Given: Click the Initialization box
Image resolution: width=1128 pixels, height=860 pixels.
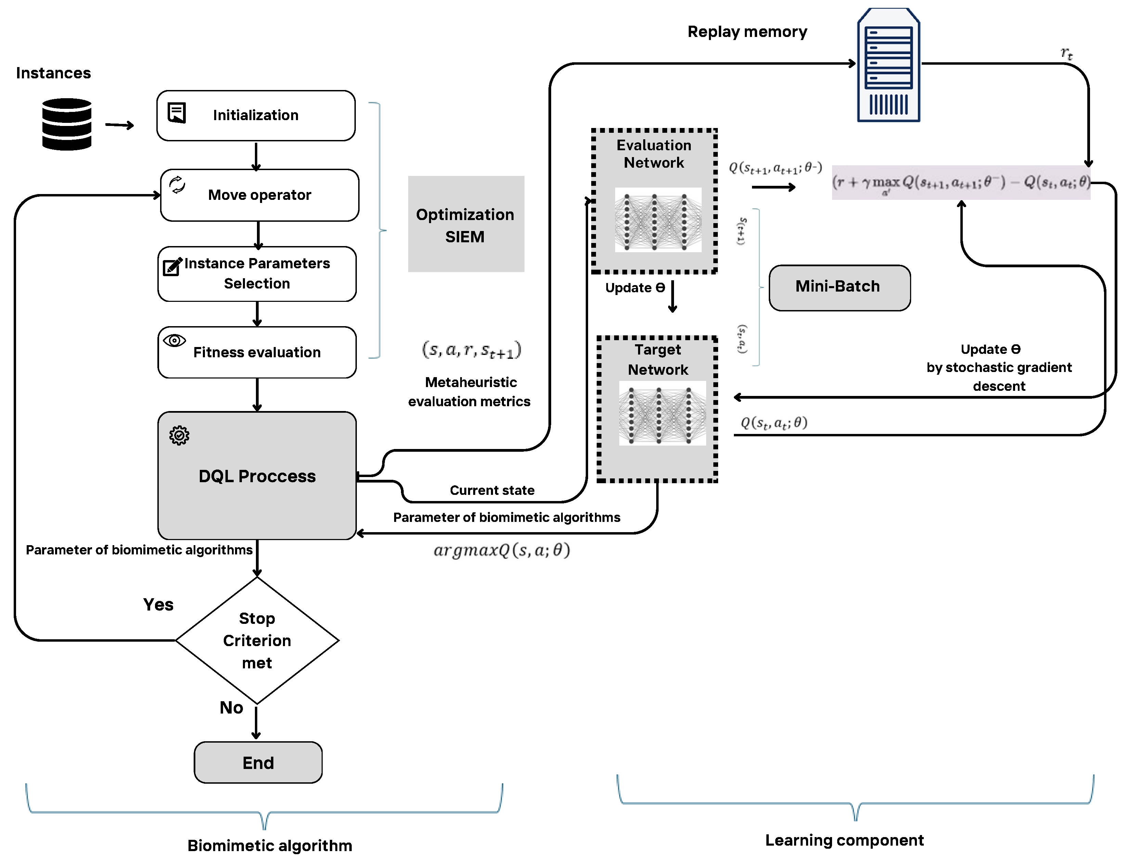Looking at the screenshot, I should (256, 116).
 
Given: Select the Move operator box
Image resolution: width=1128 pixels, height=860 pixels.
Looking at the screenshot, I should (259, 195).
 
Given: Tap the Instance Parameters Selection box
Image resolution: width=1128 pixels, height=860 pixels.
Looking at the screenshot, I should (257, 274).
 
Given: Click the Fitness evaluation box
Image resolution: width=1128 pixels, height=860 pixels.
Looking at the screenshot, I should (257, 352).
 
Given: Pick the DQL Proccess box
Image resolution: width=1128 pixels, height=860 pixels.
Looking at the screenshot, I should (257, 476).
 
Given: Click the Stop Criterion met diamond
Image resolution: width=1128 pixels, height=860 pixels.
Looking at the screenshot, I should (257, 640).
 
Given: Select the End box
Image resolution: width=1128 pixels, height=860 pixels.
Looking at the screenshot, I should (258, 763).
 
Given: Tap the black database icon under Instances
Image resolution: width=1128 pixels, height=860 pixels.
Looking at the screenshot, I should (66, 124).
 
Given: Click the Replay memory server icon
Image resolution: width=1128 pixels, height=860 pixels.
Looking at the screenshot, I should (889, 65).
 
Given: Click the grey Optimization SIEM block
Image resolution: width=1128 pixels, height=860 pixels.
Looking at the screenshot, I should (466, 224).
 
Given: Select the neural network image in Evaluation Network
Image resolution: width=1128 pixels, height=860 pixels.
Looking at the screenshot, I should (658, 220).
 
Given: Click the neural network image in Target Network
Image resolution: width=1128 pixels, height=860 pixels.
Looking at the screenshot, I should (662, 413).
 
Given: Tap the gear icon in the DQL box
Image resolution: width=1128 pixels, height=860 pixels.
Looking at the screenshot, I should (179, 436).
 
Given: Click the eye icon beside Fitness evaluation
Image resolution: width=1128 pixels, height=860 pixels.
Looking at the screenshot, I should (174, 341).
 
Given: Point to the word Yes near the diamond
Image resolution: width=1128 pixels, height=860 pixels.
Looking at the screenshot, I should (158, 605).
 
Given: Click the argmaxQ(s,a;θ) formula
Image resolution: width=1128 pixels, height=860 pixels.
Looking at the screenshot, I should (502, 550).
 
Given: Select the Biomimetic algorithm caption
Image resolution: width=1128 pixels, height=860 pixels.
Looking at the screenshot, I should (270, 845).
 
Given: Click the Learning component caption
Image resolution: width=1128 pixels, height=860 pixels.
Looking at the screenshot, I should (844, 840).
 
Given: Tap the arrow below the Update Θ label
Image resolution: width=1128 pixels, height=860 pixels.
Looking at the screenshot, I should (673, 297).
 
